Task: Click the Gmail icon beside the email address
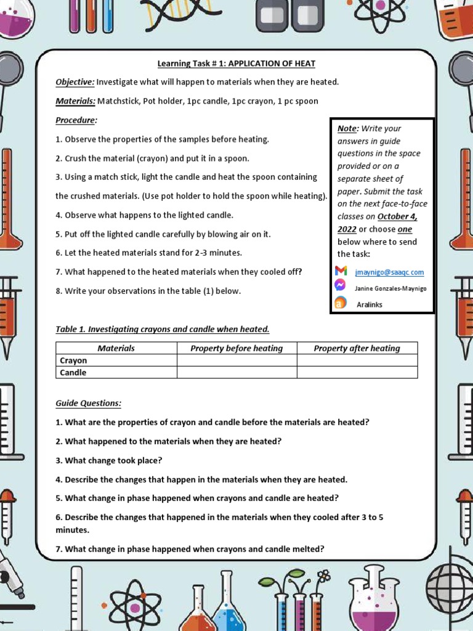point(341,271)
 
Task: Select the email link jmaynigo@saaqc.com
point(389,272)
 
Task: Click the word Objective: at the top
point(75,82)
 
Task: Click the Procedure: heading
point(76,120)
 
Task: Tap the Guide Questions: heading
point(88,403)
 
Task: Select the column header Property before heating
point(236,348)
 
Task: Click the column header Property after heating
point(357,348)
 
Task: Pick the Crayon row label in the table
point(73,360)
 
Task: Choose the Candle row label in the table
point(73,372)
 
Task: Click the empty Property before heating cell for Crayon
point(236,360)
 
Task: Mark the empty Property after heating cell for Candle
point(357,372)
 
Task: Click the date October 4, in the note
point(393,216)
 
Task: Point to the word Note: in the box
point(347,129)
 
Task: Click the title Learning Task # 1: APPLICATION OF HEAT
point(236,63)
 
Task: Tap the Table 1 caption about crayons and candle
point(163,329)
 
